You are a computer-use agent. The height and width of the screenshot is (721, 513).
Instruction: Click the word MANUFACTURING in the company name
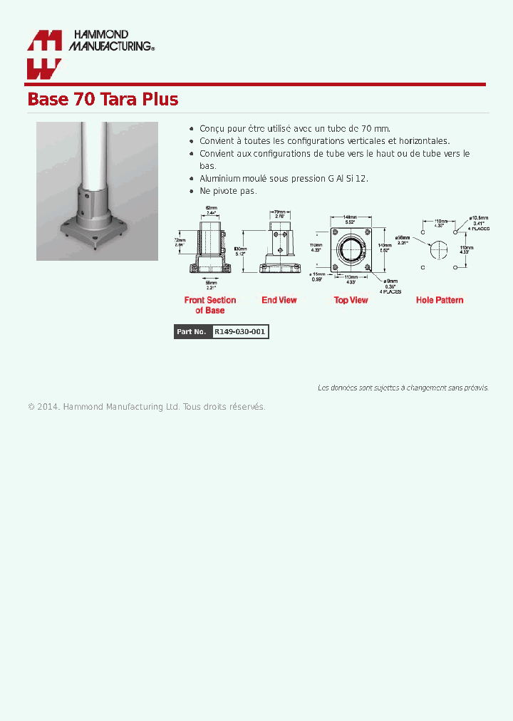pos(110,46)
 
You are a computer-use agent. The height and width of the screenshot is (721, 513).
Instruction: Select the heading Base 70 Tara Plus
pos(103,99)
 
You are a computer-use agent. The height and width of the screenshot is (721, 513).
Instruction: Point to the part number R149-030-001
pos(240,332)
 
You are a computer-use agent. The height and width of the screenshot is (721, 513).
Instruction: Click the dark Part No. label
pos(192,332)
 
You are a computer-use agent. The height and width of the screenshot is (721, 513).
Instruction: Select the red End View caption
pos(279,301)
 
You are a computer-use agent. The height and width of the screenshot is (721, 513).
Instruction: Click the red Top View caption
pos(351,301)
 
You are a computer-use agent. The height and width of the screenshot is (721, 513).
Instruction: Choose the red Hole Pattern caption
pos(440,301)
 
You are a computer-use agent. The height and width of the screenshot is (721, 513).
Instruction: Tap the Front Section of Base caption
pos(210,305)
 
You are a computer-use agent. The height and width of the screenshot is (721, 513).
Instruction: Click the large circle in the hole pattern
pos(440,250)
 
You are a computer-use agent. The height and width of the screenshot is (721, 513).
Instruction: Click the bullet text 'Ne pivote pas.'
pos(228,191)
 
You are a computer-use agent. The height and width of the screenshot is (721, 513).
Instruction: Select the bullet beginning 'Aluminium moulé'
pos(284,178)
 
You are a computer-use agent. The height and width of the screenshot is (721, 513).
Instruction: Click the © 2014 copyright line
pos(147,407)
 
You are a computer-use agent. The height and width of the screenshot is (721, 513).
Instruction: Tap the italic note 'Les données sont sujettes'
pos(403,388)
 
